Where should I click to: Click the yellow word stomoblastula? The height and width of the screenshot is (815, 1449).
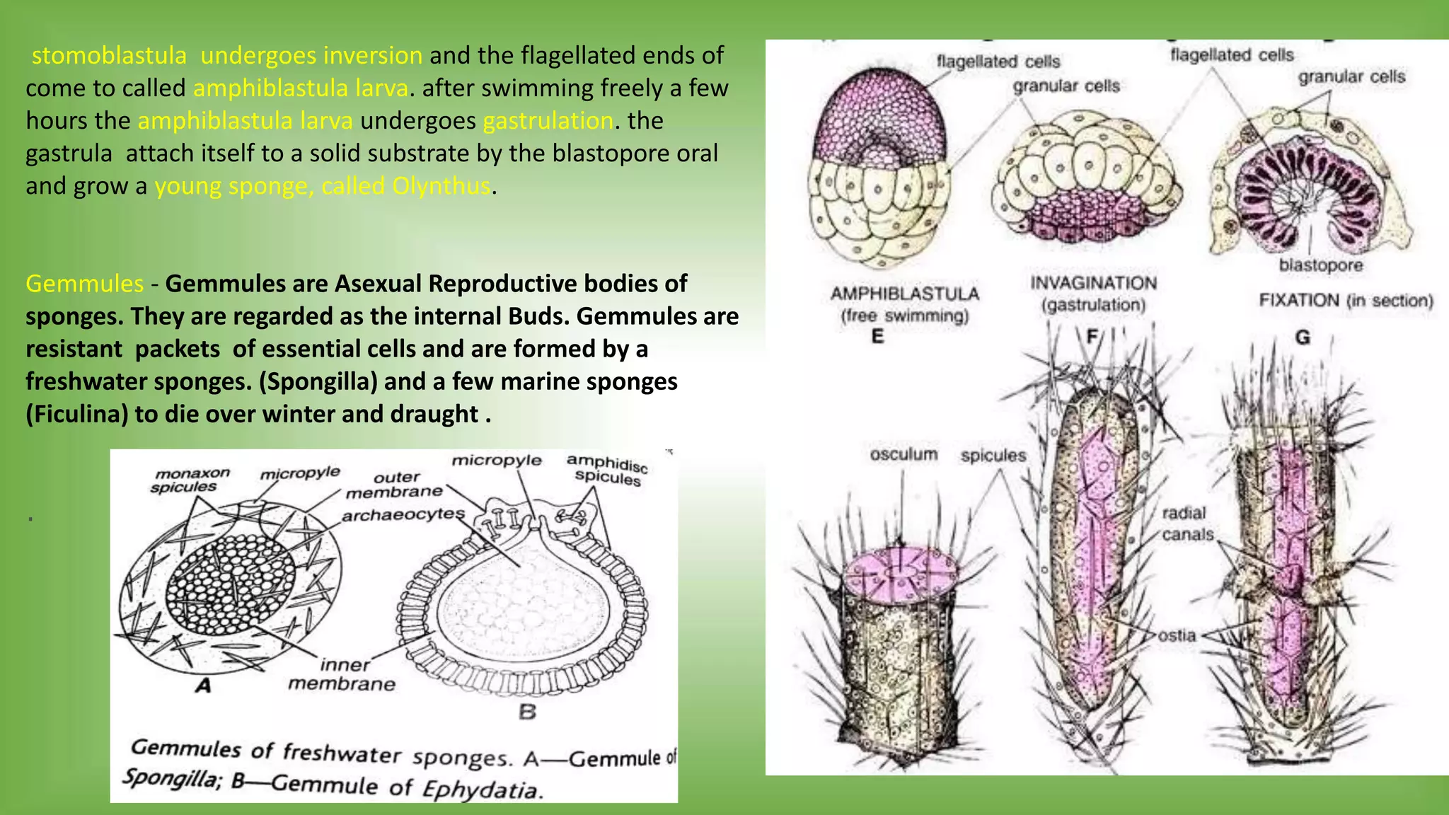coord(109,55)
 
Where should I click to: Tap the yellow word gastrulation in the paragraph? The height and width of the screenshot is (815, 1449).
coord(548,120)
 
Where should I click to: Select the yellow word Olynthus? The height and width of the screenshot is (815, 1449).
coord(441,186)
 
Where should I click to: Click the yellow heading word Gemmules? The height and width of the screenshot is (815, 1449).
coord(85,284)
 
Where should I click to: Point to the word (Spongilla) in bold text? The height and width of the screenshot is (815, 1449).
coord(318,381)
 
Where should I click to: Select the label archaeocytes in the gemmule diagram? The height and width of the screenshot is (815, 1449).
coord(403,514)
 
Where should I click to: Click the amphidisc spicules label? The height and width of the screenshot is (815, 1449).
coord(608,470)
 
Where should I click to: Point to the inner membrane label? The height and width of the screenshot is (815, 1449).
coord(342,674)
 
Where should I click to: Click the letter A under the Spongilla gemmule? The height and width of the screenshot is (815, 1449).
coord(203,686)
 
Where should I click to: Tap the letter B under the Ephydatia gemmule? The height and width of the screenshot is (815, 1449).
coord(527,712)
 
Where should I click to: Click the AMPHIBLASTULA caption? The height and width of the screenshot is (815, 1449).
coord(904,294)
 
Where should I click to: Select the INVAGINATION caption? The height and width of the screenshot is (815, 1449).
coord(1093,284)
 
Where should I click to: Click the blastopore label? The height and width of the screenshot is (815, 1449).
coord(1320,265)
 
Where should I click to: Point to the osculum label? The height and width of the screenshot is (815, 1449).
coord(904,454)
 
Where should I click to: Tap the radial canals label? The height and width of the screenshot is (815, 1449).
coord(1187,524)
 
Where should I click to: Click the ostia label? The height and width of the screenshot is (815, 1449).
coord(1177,635)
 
